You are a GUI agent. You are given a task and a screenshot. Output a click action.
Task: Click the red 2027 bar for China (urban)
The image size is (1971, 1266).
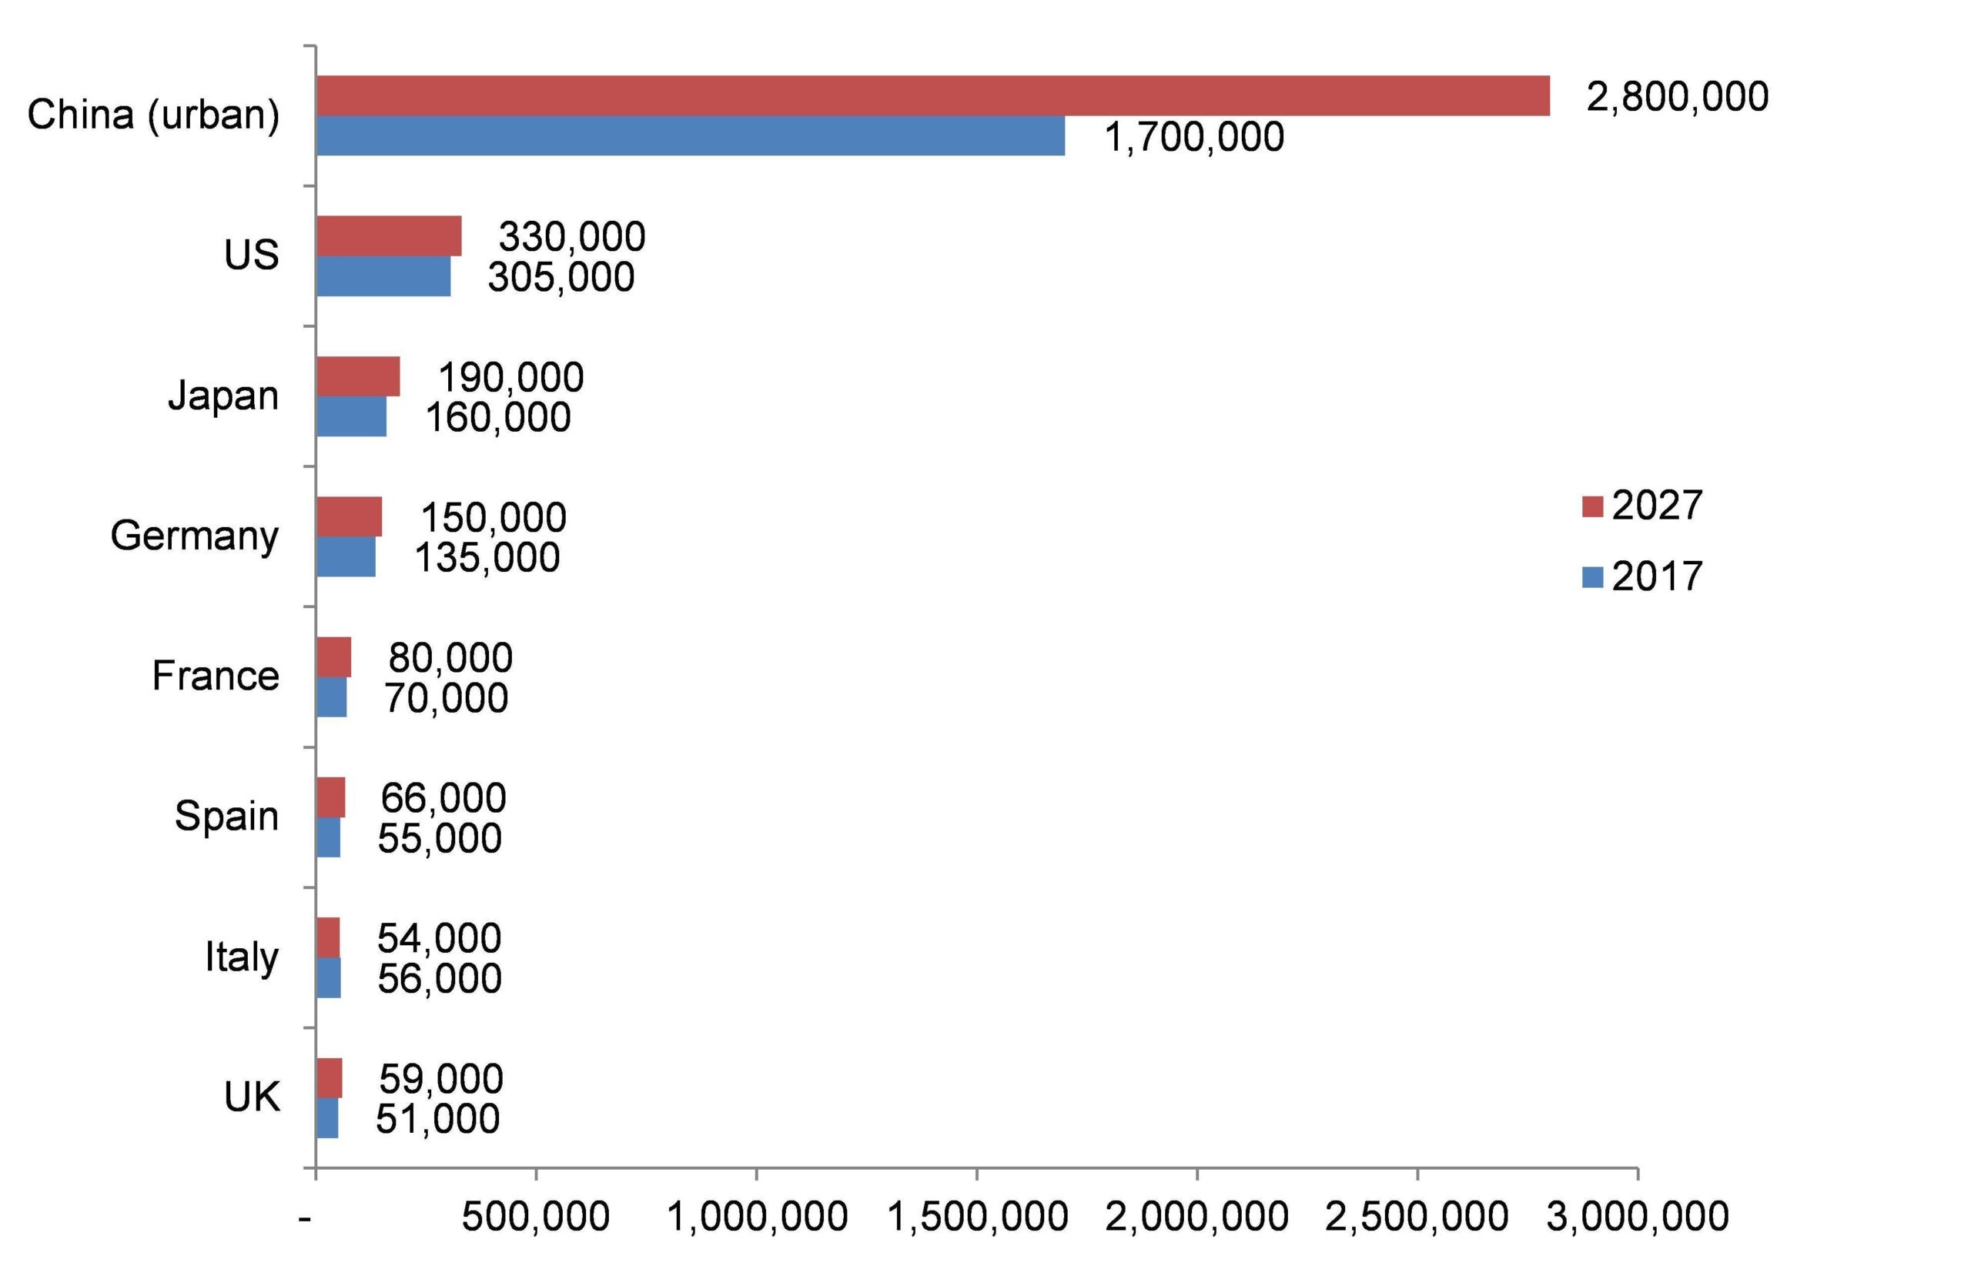[x=932, y=95]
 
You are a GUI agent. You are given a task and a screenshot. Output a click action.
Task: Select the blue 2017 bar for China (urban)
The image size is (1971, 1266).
[x=691, y=135]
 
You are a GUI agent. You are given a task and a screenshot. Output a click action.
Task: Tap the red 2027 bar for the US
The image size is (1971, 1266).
[x=389, y=236]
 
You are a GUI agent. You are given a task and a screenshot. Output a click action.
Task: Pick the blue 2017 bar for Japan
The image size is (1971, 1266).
[x=351, y=417]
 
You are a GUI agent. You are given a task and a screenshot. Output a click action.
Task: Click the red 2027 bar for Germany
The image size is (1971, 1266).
[x=350, y=516]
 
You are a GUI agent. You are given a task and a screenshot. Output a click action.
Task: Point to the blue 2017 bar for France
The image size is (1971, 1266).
[x=331, y=697]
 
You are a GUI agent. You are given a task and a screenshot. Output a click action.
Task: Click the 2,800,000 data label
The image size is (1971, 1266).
[x=1677, y=97]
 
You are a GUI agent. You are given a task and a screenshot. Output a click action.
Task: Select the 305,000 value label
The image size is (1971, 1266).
[x=561, y=277]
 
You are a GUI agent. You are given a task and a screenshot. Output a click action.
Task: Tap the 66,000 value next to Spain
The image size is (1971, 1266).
[x=443, y=797]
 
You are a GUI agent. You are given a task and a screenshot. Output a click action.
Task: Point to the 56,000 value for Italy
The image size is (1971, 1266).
[x=439, y=978]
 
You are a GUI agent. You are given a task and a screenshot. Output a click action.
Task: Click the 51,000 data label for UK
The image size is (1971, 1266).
[x=437, y=1119]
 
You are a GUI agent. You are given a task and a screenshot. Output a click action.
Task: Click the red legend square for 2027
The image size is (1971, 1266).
[x=1593, y=506]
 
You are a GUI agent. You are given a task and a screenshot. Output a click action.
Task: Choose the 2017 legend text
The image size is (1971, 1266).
[x=1656, y=577]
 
